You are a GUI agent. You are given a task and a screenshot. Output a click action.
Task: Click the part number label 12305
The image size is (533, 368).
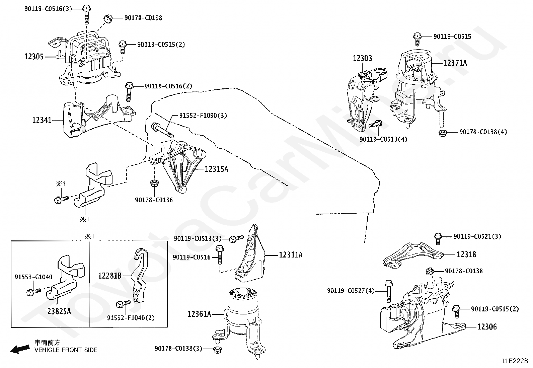coord(34,57)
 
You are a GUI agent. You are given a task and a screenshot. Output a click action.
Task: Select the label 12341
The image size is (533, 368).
coord(42,120)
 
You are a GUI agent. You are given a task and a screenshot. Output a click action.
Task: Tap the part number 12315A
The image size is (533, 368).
coord(216,169)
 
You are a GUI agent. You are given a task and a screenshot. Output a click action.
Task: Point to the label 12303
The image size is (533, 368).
coord(362,58)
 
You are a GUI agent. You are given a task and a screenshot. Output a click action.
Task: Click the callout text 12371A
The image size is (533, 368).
coord(455,63)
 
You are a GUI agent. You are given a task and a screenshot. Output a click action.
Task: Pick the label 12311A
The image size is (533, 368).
coord(291,255)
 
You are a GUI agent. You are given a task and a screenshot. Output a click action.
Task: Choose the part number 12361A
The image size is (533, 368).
coord(200,314)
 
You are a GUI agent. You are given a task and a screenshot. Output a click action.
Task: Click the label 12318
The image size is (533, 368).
coord(466,254)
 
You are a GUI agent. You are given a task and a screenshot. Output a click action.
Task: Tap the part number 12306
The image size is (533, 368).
coord(487,327)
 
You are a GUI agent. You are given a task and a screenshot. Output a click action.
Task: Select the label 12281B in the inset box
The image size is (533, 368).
coord(110,276)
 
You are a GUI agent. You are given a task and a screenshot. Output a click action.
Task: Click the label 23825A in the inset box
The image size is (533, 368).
coord(59,311)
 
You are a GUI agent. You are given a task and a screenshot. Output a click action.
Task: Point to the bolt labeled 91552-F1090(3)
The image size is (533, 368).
coord(162,130)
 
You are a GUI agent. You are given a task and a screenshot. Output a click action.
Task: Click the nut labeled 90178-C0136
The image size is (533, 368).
coord(154,183)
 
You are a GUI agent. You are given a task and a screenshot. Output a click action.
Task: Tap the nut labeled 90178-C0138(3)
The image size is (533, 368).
coord(217,350)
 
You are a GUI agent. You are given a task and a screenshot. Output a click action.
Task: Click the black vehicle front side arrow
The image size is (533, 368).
coord(20,349)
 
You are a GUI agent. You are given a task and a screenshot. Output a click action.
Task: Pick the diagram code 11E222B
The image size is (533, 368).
coord(515,361)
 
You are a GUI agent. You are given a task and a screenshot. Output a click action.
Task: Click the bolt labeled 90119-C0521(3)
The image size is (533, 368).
coord(438,239)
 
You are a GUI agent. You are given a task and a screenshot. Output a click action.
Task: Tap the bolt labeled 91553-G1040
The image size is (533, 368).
coord(33,292)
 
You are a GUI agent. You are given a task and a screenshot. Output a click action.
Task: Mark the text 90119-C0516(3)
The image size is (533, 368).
coord(48,9)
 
